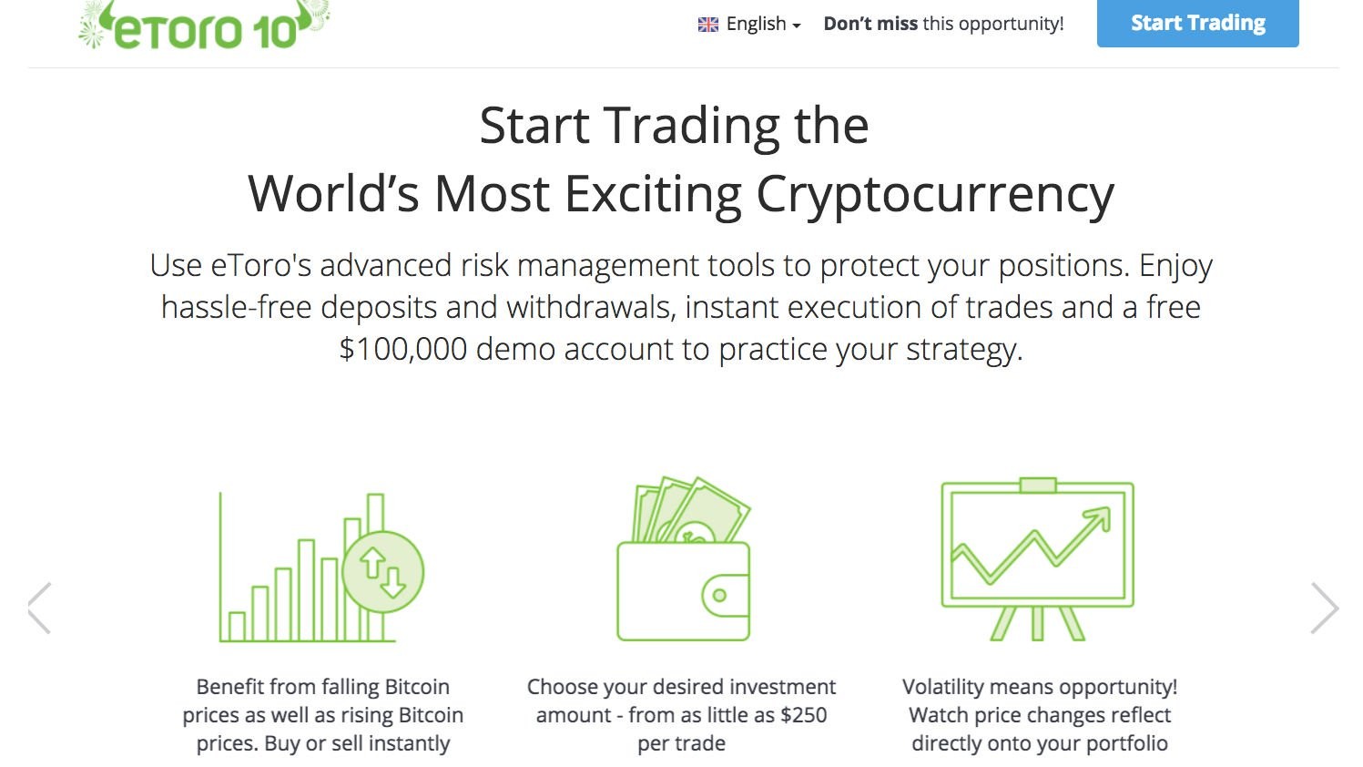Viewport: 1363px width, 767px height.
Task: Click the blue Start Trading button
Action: pyautogui.click(x=1197, y=23)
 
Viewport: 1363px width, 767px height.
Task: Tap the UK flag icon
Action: pyautogui.click(x=707, y=25)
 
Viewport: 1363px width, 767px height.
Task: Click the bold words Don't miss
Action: pyautogui.click(x=870, y=25)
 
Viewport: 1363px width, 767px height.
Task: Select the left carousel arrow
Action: pyautogui.click(x=39, y=608)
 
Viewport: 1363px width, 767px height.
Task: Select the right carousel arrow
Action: pyautogui.click(x=1325, y=608)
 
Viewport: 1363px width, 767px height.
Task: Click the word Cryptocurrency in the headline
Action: pyautogui.click(x=934, y=194)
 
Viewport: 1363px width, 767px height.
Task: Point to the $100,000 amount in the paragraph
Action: pyautogui.click(x=402, y=350)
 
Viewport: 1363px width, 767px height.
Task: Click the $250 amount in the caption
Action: pyautogui.click(x=803, y=715)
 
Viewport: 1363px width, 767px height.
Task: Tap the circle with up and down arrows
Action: pyautogui.click(x=383, y=572)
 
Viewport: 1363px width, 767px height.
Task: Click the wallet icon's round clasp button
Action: pyautogui.click(x=719, y=596)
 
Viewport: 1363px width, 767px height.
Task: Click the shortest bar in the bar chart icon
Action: pyautogui.click(x=237, y=626)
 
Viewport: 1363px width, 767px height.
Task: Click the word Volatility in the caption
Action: pyautogui.click(x=947, y=687)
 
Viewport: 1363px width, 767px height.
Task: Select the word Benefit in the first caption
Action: pyautogui.click(x=229, y=687)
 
